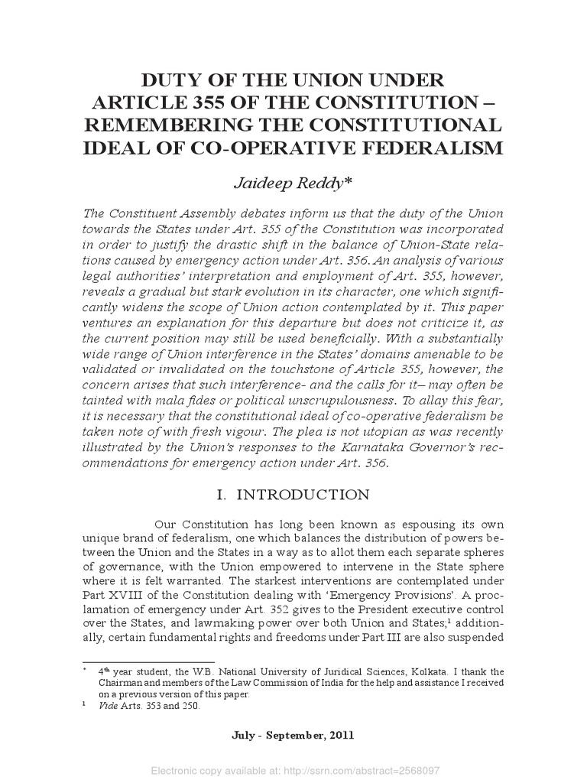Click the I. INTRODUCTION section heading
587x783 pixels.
(293, 495)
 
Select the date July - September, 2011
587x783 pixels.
(293, 736)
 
